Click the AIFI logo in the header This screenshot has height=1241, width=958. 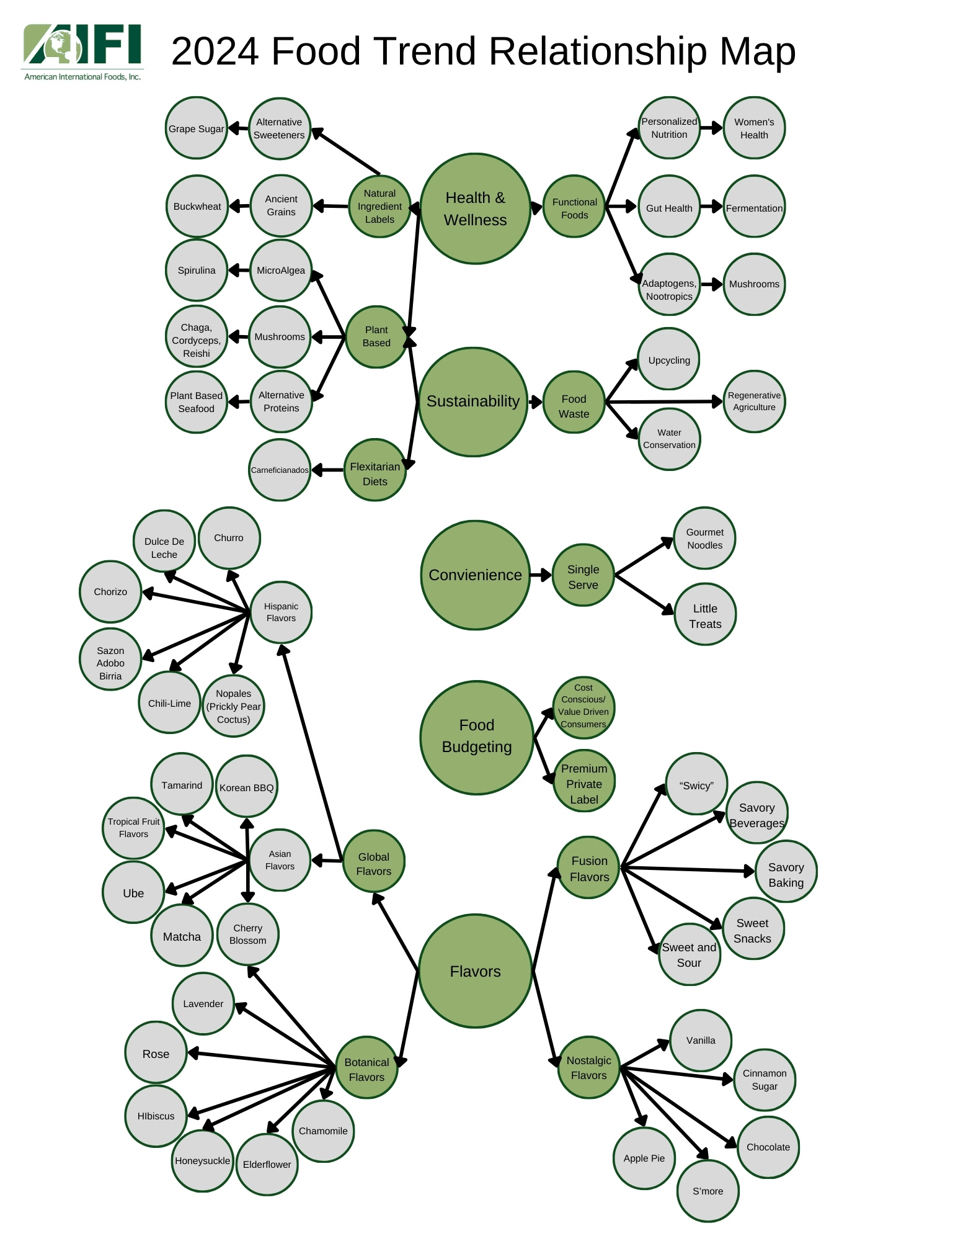pyautogui.click(x=82, y=52)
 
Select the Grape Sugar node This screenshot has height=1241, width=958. pyautogui.click(x=196, y=128)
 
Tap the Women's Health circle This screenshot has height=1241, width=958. pyautogui.click(x=754, y=128)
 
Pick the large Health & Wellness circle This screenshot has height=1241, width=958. pyautogui.click(x=475, y=208)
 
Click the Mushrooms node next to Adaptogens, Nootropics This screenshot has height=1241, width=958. pyautogui.click(x=754, y=284)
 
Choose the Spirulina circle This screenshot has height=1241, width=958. pyautogui.click(x=196, y=271)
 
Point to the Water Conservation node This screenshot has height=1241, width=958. pyautogui.click(x=669, y=439)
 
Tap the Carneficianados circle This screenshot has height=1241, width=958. pyautogui.click(x=280, y=470)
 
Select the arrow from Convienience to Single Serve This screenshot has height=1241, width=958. pyautogui.click(x=541, y=575)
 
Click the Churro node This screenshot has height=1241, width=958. pyautogui.click(x=229, y=538)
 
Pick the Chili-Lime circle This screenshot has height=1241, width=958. pyautogui.click(x=169, y=703)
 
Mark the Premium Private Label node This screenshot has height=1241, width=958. pyautogui.click(x=584, y=784)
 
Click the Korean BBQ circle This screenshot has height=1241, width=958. pyautogui.click(x=246, y=787)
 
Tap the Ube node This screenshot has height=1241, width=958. pyautogui.click(x=133, y=893)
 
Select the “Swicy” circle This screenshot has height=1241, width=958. pyautogui.click(x=696, y=785)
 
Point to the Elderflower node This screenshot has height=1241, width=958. pyautogui.click(x=267, y=1164)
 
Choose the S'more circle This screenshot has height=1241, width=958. pyautogui.click(x=707, y=1191)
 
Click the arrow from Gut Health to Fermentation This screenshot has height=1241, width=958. pyautogui.click(x=712, y=207)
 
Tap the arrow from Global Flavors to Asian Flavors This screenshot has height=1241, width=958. pyautogui.click(x=327, y=861)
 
